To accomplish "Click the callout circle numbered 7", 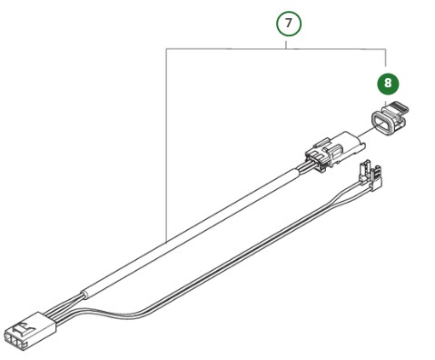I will tap(288, 24).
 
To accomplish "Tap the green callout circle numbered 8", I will tap(388, 84).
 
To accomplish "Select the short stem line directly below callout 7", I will tap(288, 44).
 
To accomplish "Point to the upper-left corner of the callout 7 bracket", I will tap(167, 49).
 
